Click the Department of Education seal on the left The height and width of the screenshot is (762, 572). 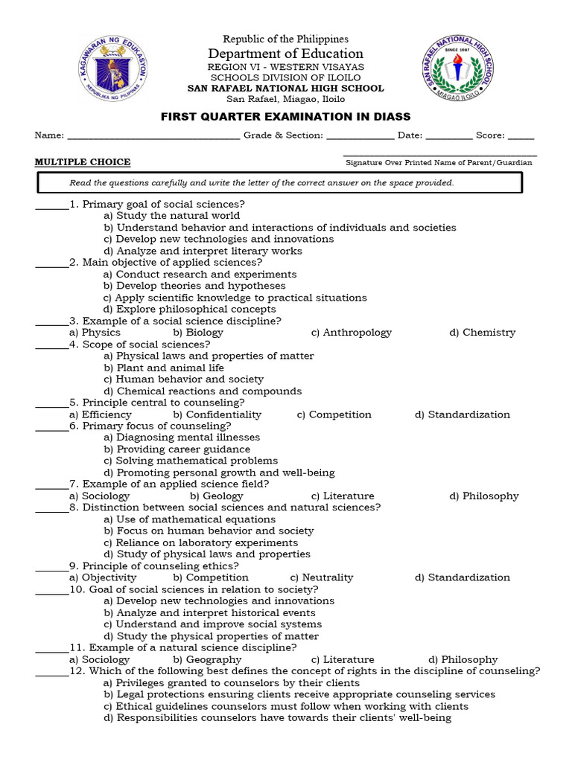click(112, 71)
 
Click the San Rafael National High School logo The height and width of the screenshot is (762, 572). click(458, 71)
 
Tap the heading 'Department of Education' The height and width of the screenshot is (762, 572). click(286, 54)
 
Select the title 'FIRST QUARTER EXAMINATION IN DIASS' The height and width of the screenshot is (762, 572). click(286, 117)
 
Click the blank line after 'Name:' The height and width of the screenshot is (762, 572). click(153, 137)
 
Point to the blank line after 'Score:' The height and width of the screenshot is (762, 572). click(521, 137)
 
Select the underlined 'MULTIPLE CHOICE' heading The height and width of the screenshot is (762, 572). click(83, 162)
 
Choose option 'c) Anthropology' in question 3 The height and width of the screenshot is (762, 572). click(351, 333)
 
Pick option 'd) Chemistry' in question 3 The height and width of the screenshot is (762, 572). click(482, 333)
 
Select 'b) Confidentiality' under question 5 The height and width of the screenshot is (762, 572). click(217, 414)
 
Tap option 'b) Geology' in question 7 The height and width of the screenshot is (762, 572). click(216, 496)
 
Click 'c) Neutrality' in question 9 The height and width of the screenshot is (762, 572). click(322, 577)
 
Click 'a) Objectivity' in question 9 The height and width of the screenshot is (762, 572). click(103, 577)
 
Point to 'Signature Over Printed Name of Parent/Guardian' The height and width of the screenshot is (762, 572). click(439, 162)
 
